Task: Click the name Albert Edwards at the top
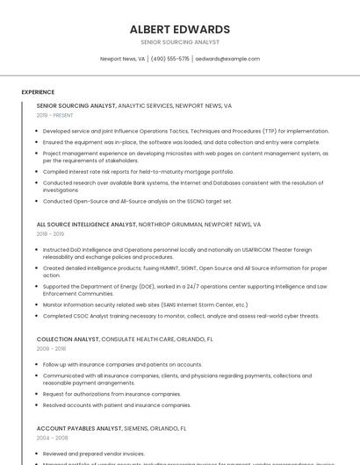click(179, 29)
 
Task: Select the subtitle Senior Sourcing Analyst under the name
click(179, 42)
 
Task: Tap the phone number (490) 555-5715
click(170, 59)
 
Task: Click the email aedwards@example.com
click(227, 59)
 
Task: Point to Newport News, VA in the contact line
click(123, 59)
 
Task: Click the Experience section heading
click(38, 92)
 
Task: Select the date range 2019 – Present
click(54, 115)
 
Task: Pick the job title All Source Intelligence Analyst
click(87, 224)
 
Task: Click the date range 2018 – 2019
click(51, 234)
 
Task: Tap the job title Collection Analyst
click(68, 339)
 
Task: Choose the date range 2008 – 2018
click(51, 348)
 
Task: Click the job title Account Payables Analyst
click(79, 428)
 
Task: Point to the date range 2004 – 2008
click(52, 438)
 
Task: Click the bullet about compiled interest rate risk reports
click(139, 172)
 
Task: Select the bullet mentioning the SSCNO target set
click(138, 201)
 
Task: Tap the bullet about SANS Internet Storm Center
click(139, 304)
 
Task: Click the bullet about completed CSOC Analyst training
click(181, 316)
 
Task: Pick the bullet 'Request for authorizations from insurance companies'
click(112, 394)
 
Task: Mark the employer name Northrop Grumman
click(171, 224)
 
